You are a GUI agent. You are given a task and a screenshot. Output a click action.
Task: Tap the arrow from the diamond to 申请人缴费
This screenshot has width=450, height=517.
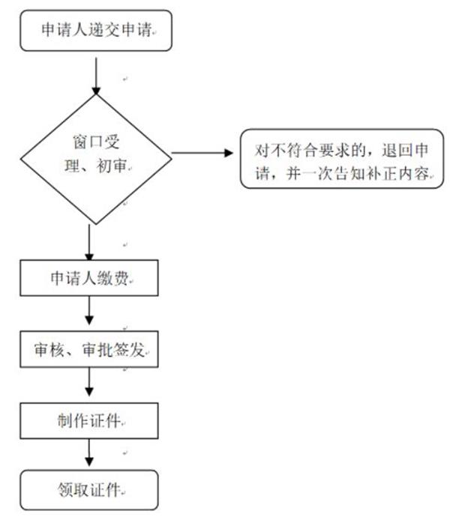(90, 242)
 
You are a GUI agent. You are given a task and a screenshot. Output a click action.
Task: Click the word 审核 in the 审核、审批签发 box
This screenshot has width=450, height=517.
(49, 350)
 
